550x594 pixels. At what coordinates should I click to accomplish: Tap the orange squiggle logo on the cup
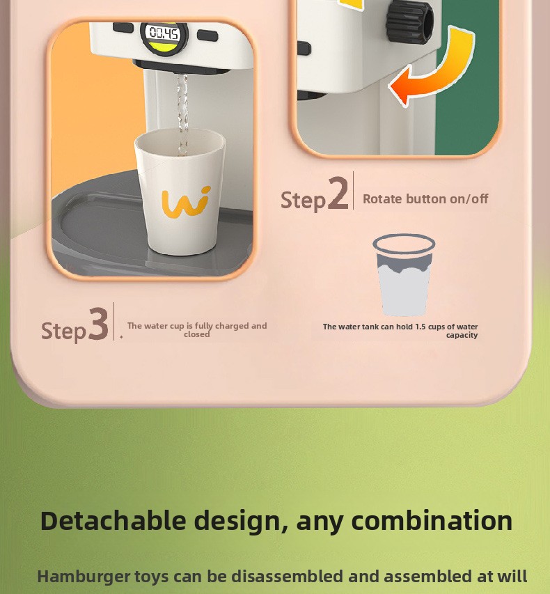click(x=186, y=203)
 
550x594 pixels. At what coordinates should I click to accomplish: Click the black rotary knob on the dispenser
click(x=410, y=21)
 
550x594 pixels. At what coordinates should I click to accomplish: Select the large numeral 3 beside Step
click(x=98, y=323)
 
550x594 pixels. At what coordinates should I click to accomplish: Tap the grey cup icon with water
click(x=404, y=274)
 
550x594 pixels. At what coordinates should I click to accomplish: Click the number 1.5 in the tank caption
click(x=421, y=327)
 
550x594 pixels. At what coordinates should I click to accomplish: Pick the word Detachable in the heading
click(x=113, y=520)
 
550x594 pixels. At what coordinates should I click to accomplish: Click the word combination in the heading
click(x=432, y=520)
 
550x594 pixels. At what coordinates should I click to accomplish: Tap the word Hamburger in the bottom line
click(x=84, y=577)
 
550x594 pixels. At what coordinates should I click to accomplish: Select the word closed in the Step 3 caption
click(x=196, y=334)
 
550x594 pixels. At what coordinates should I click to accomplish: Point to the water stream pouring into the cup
click(x=182, y=114)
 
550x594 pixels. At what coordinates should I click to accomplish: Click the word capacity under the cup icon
click(x=462, y=335)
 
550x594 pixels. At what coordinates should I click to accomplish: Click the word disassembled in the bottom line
click(x=287, y=577)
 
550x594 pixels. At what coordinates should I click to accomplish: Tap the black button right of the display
click(x=207, y=36)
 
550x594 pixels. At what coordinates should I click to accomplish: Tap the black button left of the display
click(x=123, y=28)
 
